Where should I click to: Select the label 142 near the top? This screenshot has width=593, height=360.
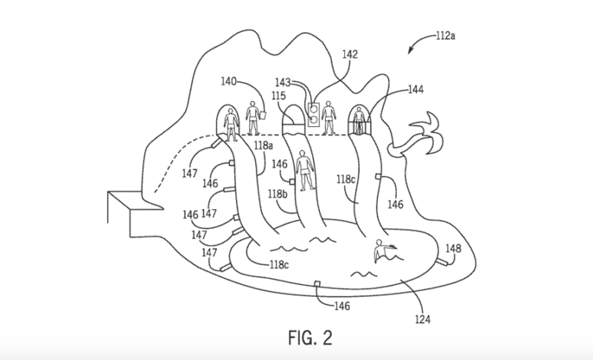coord(350,54)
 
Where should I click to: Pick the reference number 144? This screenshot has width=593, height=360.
coord(415,90)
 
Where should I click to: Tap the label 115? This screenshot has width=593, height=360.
coord(279,96)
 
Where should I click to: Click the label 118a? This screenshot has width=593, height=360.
coord(264,146)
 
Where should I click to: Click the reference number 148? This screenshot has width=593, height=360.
coord(453,248)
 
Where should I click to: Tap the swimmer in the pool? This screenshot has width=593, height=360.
coord(382,250)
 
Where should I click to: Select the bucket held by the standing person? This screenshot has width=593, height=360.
coord(264,114)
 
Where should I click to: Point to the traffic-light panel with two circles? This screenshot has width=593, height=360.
coord(313,114)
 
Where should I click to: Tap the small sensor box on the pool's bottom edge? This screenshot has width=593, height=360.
coord(317,284)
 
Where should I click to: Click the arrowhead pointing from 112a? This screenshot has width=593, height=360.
coord(411,51)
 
